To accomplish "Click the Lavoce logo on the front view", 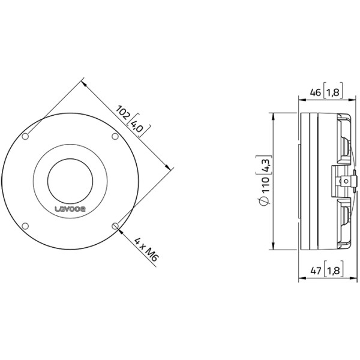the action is click(x=70, y=209).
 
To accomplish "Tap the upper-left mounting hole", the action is click(x=25, y=137).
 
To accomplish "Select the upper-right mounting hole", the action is click(x=115, y=137).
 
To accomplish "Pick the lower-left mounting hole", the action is click(x=25, y=226).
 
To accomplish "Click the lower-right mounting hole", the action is click(x=115, y=226).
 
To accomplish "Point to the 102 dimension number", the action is click(x=123, y=113).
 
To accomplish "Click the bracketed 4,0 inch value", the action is click(x=137, y=127).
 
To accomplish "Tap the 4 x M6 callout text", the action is click(x=146, y=250).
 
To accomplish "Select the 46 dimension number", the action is click(x=315, y=92).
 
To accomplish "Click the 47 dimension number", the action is click(x=316, y=271).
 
